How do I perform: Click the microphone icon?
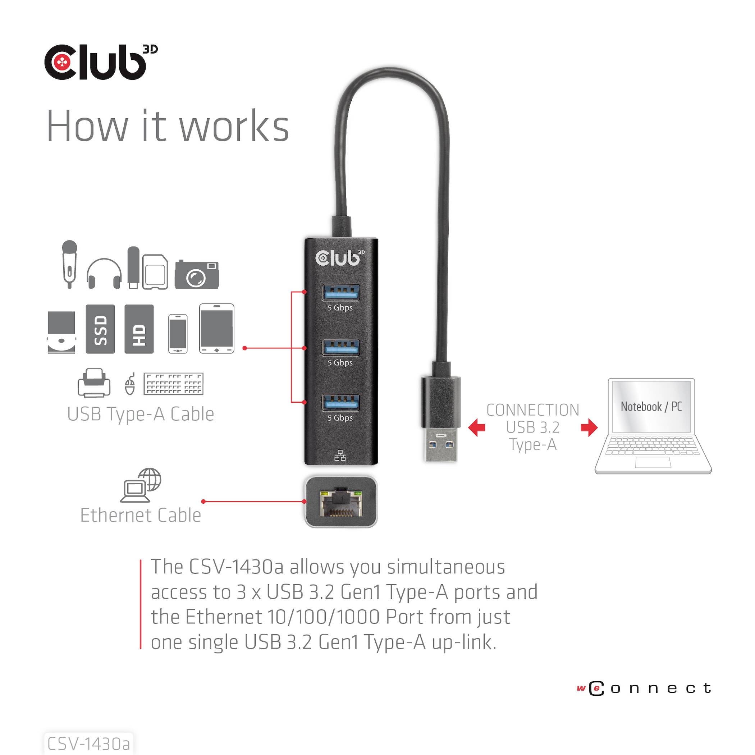point(69,264)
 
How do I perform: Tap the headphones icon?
point(104,274)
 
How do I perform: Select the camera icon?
point(197,275)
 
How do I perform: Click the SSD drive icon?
point(100,329)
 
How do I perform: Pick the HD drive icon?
point(139,329)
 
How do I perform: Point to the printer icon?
point(94,383)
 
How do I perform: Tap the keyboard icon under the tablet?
point(174,384)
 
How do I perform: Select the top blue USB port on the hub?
point(340,292)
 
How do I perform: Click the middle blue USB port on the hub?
point(340,347)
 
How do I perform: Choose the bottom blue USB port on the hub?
point(340,403)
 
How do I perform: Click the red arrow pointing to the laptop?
point(589,427)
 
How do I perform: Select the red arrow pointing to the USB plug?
point(477,427)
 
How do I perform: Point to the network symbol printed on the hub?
point(340,455)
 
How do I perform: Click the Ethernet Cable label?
point(141,515)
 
